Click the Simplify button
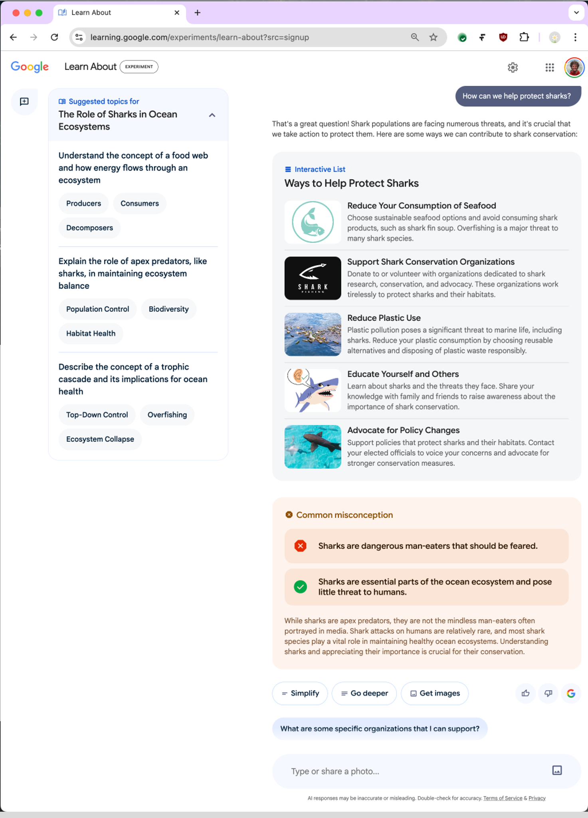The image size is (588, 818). tap(300, 693)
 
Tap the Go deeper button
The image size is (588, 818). tap(364, 693)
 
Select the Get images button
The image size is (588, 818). tap(435, 693)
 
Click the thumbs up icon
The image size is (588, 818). tap(525, 693)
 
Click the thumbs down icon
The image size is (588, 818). tap(548, 693)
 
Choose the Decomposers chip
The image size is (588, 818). tap(89, 228)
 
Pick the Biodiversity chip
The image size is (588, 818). tap(168, 309)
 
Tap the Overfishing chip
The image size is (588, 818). tap(167, 415)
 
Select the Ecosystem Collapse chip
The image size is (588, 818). tap(100, 439)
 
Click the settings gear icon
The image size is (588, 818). tap(513, 68)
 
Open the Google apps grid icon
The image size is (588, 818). tap(550, 68)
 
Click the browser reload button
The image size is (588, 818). tap(54, 37)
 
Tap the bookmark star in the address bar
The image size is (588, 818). tap(433, 37)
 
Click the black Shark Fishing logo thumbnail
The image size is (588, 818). tap(313, 278)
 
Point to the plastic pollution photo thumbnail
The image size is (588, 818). tap(313, 334)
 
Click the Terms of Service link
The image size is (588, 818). tap(503, 798)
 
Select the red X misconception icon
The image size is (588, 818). tap(300, 546)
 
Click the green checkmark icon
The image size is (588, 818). tap(300, 587)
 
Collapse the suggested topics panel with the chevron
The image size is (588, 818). tap(212, 115)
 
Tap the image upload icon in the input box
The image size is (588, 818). tap(557, 770)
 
